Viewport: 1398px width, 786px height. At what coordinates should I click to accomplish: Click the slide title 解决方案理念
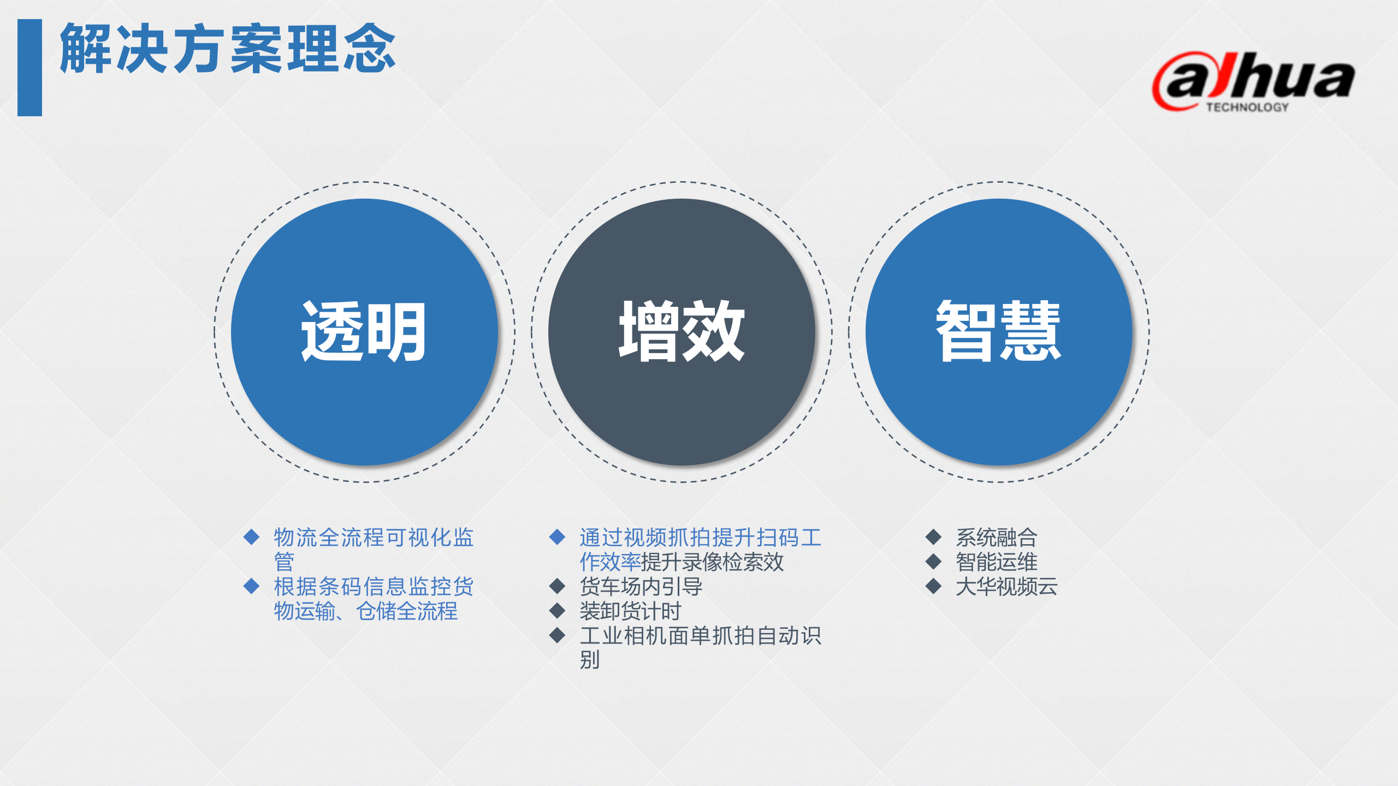point(227,49)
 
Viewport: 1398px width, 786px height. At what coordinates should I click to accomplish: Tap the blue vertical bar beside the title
point(29,68)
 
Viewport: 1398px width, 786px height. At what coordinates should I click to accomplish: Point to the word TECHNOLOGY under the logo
point(1247,108)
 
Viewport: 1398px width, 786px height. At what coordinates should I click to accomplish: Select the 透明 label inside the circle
point(364,331)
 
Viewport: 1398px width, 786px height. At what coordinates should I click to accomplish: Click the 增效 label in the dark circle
point(682,331)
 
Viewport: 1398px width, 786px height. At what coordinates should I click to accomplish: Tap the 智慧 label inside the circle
point(998,331)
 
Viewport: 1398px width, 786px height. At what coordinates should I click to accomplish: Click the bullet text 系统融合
point(996,538)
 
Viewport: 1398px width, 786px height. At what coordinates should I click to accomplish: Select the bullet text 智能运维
point(996,562)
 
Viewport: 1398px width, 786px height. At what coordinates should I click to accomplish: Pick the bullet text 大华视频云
point(1006,587)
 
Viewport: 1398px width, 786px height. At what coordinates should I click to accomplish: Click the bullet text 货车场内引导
point(641,587)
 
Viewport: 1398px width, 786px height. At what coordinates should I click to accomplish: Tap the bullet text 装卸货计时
point(630,611)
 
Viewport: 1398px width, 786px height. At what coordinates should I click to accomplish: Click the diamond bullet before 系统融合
point(934,537)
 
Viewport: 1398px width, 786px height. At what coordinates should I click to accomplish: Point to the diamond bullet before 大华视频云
point(934,586)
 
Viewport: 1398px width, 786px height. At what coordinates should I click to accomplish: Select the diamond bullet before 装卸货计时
point(557,611)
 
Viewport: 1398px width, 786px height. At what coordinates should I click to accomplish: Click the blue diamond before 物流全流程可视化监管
point(251,537)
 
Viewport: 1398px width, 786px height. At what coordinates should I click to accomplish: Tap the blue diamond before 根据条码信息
point(251,586)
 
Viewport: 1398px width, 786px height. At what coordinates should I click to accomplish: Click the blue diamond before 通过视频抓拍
point(557,537)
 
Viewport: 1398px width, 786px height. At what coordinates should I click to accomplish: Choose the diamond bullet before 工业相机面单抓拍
point(557,635)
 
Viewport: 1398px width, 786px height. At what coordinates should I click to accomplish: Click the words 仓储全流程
point(407,611)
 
